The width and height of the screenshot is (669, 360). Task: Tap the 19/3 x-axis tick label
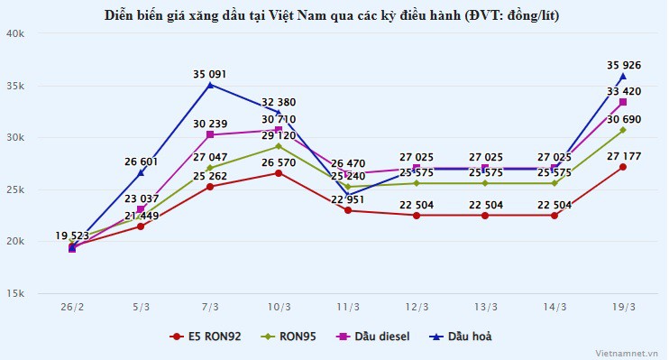pyautogui.click(x=623, y=307)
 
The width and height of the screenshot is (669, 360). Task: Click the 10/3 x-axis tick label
pyautogui.click(x=279, y=307)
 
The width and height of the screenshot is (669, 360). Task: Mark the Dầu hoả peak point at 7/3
pyautogui.click(x=209, y=85)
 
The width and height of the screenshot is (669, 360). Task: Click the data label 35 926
pyautogui.click(x=623, y=65)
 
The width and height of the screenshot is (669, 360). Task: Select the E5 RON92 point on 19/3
pyautogui.click(x=623, y=167)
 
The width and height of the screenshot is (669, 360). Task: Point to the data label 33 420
pyautogui.click(x=623, y=91)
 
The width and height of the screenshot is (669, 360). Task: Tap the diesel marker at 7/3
pyautogui.click(x=209, y=134)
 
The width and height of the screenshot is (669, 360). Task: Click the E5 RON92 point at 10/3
pyautogui.click(x=279, y=172)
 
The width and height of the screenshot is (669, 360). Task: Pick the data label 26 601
pyautogui.click(x=141, y=162)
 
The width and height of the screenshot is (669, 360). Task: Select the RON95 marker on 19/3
pyautogui.click(x=623, y=130)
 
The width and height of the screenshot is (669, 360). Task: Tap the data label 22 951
pyautogui.click(x=347, y=199)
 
